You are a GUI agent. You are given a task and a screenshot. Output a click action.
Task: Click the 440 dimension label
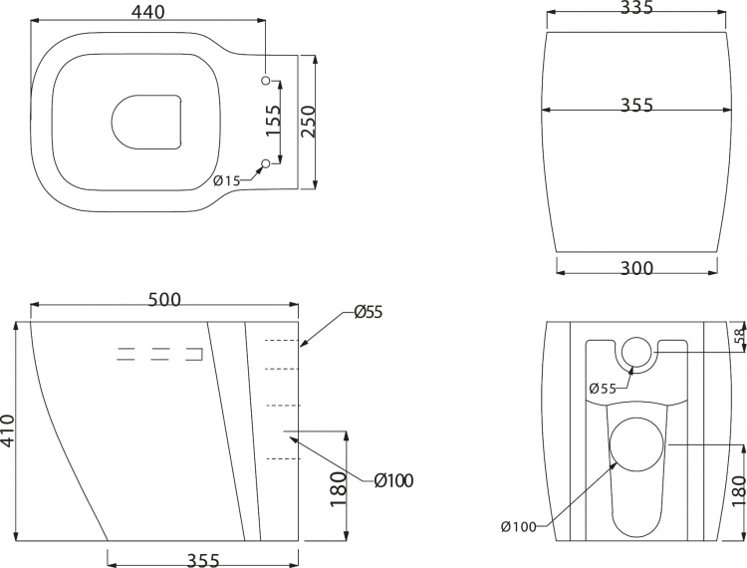[147, 12]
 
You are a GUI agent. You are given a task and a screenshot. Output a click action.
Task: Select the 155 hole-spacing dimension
[273, 121]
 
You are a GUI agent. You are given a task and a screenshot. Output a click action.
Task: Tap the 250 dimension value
[308, 122]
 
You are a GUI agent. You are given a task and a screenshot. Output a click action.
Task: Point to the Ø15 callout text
[226, 180]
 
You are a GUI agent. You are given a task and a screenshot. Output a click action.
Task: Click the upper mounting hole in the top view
[266, 80]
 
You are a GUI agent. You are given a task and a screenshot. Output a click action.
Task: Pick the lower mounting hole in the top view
[266, 163]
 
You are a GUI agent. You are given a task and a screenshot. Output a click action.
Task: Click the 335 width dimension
[636, 7]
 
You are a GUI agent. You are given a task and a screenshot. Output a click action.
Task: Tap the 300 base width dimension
[637, 269]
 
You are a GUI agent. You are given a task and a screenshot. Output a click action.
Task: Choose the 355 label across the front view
[637, 105]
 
